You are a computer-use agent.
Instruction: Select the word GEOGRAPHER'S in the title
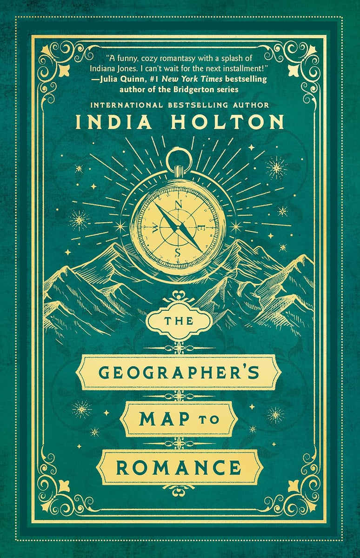point(180,373)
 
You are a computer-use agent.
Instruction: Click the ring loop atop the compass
point(179,159)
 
